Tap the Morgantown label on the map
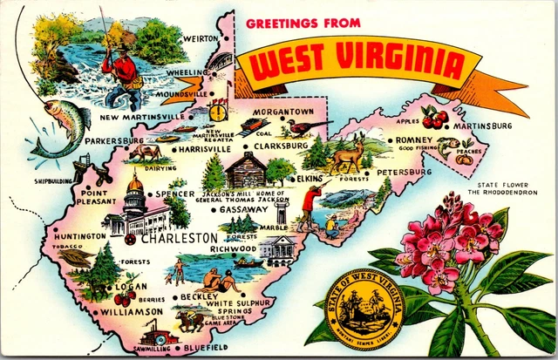coord(282,112)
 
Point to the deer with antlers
coord(348,154)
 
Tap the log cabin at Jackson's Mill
coord(245,170)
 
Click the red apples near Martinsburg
coord(433,117)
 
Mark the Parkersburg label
coord(115,139)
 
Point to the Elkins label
coord(310,178)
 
